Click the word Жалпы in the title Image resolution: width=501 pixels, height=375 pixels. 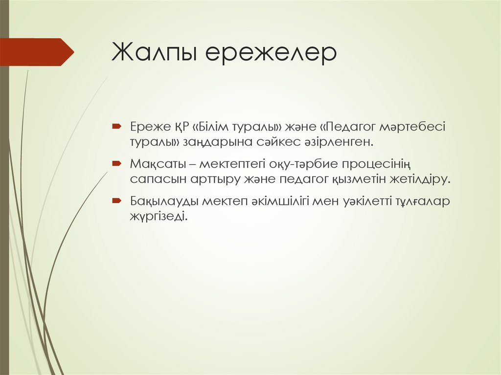click(154, 53)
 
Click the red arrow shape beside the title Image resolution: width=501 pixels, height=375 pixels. click(37, 52)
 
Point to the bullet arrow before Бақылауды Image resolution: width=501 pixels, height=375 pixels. click(116, 200)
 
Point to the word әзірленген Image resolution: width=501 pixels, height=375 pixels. click(341, 142)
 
